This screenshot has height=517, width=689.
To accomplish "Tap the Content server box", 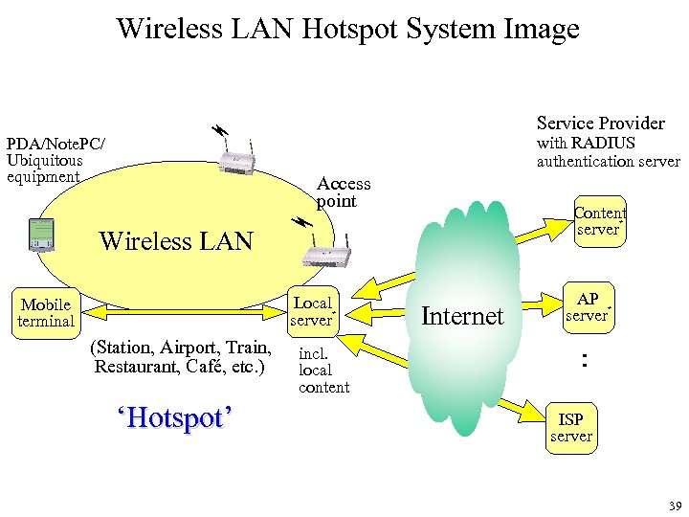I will click(599, 222).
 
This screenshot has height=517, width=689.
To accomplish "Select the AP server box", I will click(588, 306).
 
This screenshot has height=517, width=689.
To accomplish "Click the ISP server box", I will click(570, 427).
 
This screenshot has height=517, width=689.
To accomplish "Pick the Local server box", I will click(312, 311).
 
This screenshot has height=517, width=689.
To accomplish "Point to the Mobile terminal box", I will click(45, 313).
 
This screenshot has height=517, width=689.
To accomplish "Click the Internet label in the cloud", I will click(462, 316).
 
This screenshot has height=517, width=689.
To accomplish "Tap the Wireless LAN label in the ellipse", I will click(176, 241).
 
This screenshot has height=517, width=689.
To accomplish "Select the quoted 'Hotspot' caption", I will click(174, 418).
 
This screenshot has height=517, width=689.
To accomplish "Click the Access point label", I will click(343, 192).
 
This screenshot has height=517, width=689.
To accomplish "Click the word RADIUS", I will click(604, 144).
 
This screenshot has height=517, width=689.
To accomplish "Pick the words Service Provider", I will click(600, 123).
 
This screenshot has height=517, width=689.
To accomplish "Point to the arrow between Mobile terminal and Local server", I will click(183, 308).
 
